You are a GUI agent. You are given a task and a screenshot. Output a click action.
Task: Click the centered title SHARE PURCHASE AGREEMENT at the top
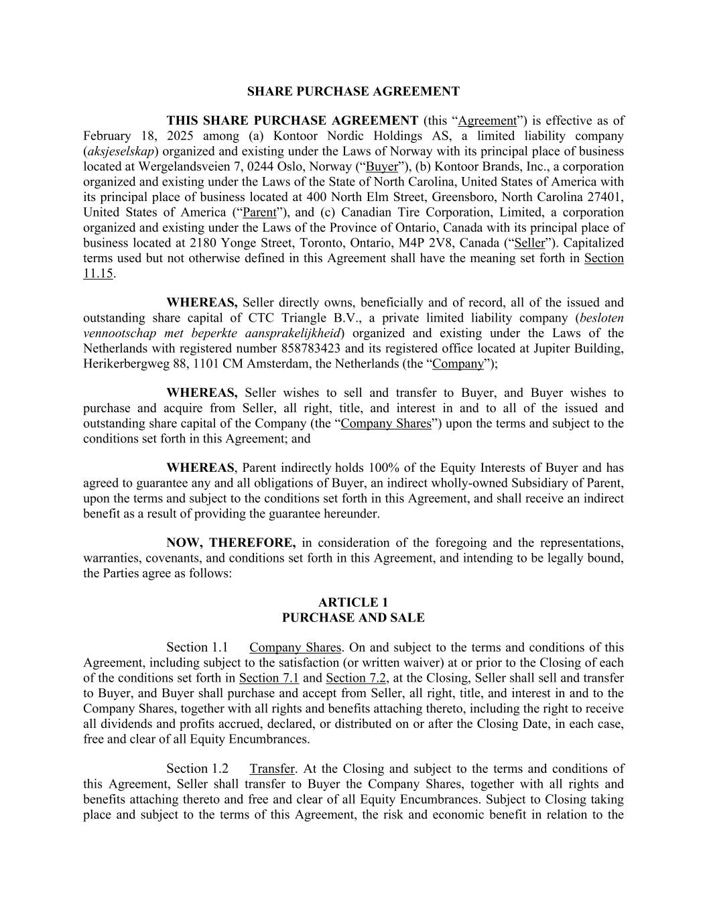tap(353, 91)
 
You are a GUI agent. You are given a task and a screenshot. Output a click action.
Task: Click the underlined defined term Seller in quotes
tap(529, 243)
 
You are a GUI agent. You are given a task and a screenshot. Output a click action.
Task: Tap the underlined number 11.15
tap(98, 273)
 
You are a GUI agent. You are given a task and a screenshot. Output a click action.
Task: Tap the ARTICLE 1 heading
tap(353, 602)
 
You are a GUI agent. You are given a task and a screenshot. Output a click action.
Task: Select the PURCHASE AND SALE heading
tap(353, 617)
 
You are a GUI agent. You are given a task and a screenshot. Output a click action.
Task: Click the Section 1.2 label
tap(197, 769)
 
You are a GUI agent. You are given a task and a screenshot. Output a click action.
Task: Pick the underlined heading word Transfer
tap(271, 769)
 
